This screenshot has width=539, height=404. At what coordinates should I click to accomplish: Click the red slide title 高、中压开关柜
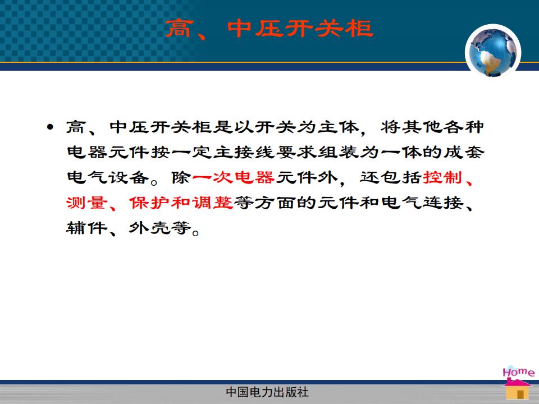click(269, 29)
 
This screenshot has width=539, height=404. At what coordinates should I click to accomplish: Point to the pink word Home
click(518, 371)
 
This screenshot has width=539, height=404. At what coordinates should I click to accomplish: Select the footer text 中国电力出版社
click(267, 392)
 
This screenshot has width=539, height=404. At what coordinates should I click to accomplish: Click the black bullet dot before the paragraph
click(50, 127)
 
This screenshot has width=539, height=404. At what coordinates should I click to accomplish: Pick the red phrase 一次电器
click(234, 178)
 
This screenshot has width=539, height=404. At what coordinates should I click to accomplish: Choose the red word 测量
click(86, 203)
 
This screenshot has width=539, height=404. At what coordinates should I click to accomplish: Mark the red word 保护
click(150, 203)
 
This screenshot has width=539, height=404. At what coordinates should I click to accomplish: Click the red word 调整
click(213, 203)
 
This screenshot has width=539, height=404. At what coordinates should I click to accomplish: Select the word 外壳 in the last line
click(150, 228)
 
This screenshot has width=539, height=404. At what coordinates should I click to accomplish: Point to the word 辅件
click(86, 228)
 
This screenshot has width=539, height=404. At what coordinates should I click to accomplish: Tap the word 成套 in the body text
click(464, 152)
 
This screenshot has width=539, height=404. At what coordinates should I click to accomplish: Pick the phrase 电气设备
click(108, 178)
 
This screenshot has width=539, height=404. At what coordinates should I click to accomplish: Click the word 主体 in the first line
click(338, 127)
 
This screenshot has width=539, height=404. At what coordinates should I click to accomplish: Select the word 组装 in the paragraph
click(338, 152)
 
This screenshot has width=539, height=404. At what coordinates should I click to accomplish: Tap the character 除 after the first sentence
click(181, 178)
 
